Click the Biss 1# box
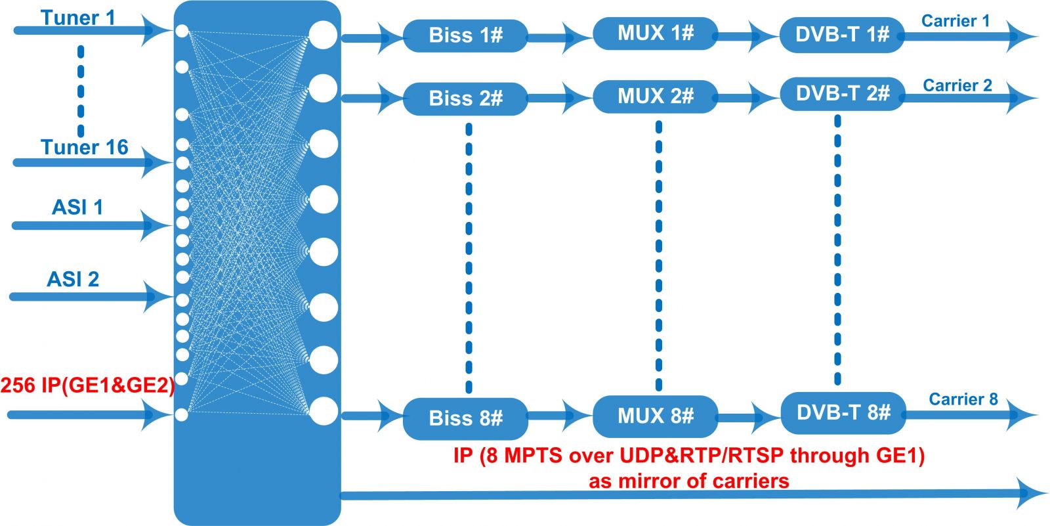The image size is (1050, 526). coord(465,35)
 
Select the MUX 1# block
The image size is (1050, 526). coord(656,33)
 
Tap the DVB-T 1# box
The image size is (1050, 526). coord(843,35)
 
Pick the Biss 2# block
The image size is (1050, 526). coord(465,99)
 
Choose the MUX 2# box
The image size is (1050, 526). coord(656,97)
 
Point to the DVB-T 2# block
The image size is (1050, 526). coord(843,94)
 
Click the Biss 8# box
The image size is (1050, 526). coord(465,418)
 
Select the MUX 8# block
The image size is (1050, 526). coord(656,416)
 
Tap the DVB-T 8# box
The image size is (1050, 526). coord(843,413)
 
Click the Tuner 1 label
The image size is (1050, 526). coord(78,18)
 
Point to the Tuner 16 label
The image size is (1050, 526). coord(85,147)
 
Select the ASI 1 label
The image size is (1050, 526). coord(77,207)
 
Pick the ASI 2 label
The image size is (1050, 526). coord(73,279)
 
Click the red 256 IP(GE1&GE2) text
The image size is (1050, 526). coord(88,385)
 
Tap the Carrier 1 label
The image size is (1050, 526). coord(955,20)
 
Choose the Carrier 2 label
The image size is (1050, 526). coord(957,85)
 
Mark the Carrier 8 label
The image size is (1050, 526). coord(963,399)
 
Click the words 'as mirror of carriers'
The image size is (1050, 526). coord(689,481)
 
